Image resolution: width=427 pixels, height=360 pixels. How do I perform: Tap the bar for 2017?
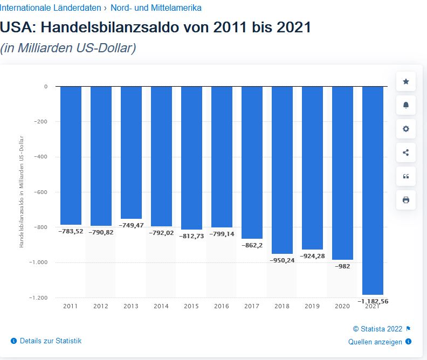(252, 162)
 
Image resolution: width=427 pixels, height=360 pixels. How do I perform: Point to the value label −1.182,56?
(373, 301)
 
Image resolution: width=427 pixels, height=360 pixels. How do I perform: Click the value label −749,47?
(131, 225)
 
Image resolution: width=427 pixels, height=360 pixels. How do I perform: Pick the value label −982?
(342, 266)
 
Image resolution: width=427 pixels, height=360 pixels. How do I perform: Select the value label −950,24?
(282, 260)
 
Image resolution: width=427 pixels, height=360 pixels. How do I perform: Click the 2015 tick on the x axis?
(191, 306)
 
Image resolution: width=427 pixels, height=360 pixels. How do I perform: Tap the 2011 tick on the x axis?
(70, 306)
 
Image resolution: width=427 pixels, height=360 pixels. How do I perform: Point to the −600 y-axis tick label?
(40, 192)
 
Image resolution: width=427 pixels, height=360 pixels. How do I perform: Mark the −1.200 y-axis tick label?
(38, 297)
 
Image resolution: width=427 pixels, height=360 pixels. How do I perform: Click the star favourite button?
(406, 81)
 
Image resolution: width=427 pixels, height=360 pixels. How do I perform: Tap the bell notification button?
(406, 105)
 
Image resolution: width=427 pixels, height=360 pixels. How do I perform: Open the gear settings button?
(406, 129)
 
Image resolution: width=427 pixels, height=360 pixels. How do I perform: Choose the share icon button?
(406, 153)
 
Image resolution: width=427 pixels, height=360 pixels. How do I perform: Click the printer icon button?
(406, 200)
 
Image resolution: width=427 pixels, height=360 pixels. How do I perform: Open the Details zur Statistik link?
(50, 341)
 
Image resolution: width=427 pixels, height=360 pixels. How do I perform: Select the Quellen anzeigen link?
(376, 342)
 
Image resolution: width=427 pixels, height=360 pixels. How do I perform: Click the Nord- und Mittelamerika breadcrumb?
(156, 8)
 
